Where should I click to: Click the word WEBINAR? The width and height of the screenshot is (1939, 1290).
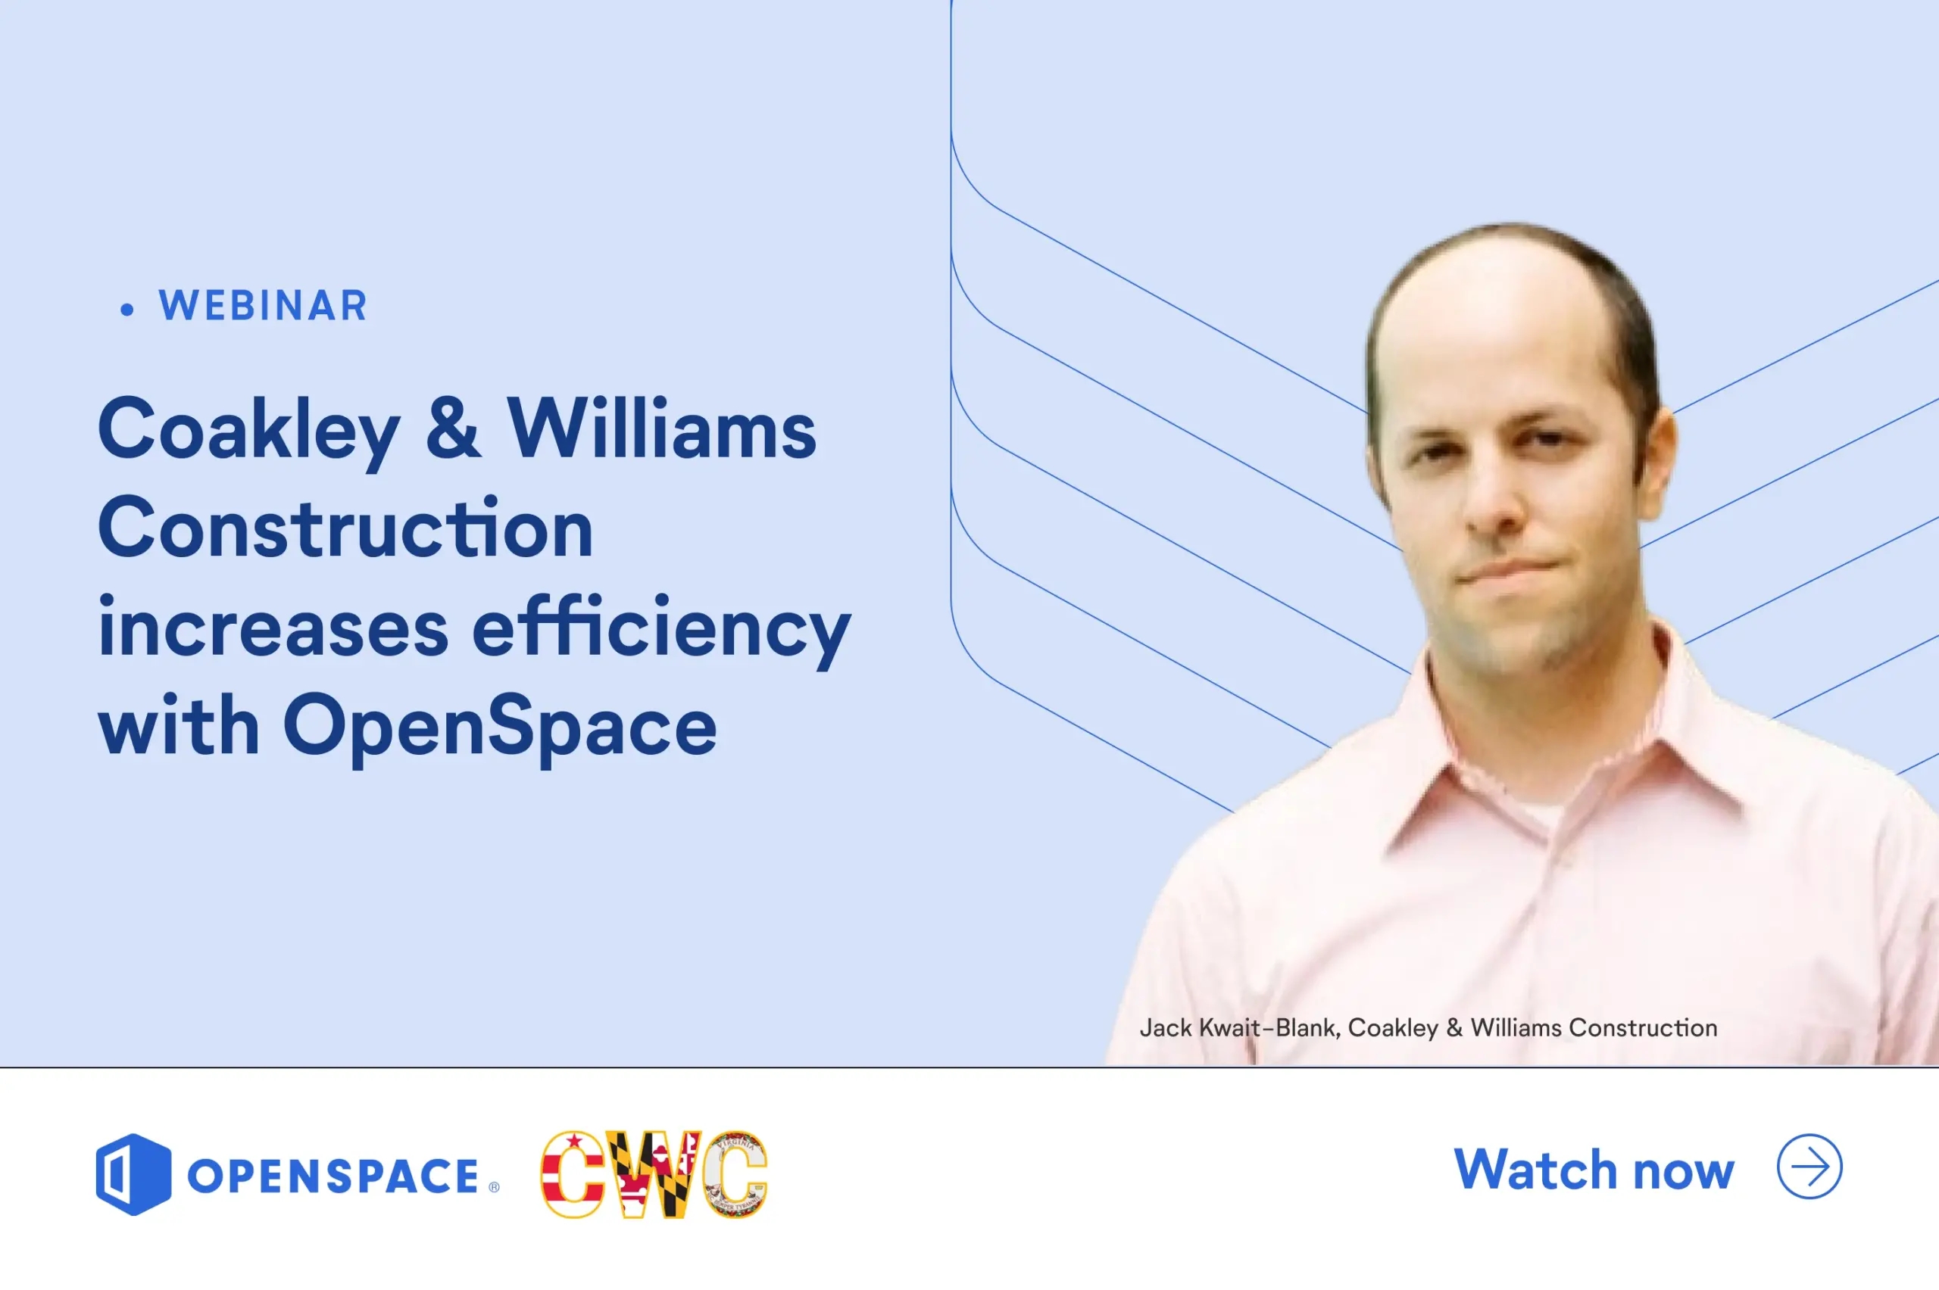pos(263,306)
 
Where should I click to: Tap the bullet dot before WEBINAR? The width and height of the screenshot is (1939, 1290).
pos(126,310)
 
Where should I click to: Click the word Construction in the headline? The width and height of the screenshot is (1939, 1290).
pos(345,528)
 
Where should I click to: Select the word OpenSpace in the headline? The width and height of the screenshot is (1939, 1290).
pos(500,728)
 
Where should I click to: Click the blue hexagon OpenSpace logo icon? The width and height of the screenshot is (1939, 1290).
pos(133,1174)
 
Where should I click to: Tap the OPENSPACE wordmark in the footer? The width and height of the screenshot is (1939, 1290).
pos(333,1176)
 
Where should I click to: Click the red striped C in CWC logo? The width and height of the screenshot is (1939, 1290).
pos(572,1174)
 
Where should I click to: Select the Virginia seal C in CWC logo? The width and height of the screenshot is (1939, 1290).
pos(735,1174)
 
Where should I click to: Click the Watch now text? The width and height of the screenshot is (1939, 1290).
pos(1594,1169)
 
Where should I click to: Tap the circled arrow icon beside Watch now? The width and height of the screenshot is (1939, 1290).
pos(1809,1167)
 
